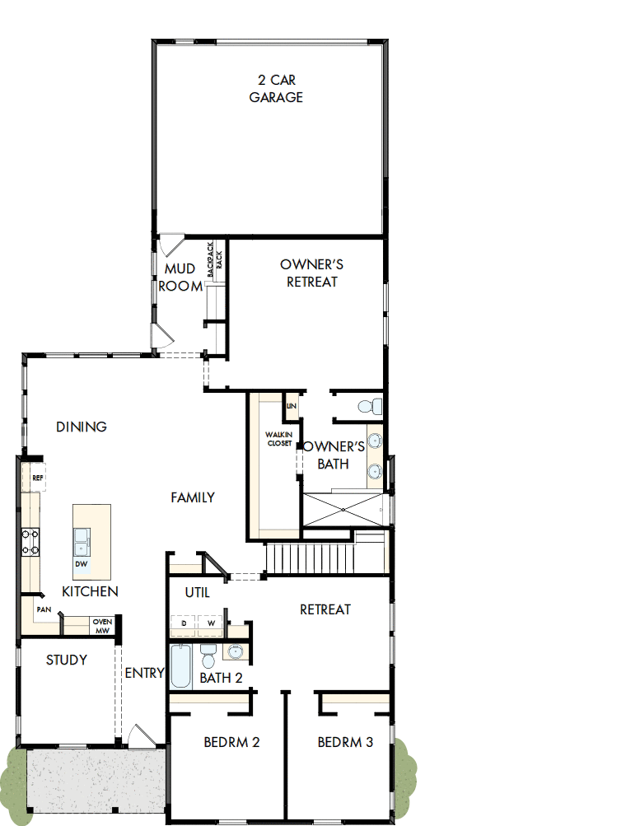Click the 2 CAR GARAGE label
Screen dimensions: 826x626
tap(276, 89)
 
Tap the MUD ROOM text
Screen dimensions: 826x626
tap(180, 278)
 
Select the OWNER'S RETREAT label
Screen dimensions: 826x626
tap(311, 273)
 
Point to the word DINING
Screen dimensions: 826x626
tap(82, 427)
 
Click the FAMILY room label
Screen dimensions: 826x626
tap(193, 497)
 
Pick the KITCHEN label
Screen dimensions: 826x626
tap(90, 591)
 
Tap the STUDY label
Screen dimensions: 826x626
tap(66, 660)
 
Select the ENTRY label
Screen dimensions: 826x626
tap(145, 673)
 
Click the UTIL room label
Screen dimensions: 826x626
tap(197, 592)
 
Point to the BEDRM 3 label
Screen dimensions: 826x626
tap(345, 742)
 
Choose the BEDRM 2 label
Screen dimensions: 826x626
tap(231, 742)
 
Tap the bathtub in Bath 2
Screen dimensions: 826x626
tap(180, 666)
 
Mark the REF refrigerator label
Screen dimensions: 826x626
tap(37, 478)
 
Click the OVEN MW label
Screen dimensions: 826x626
tap(102, 626)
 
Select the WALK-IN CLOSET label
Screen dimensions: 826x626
tap(279, 439)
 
